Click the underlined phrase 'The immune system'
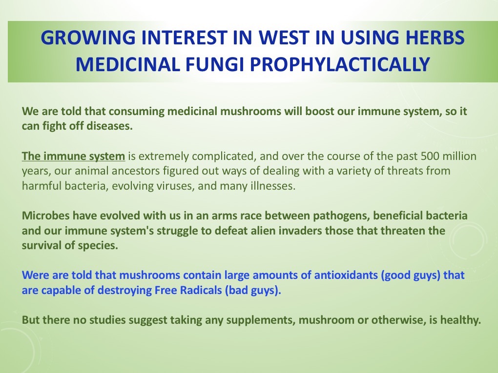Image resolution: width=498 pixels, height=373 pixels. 74,157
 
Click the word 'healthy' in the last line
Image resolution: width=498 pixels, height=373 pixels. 461,320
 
